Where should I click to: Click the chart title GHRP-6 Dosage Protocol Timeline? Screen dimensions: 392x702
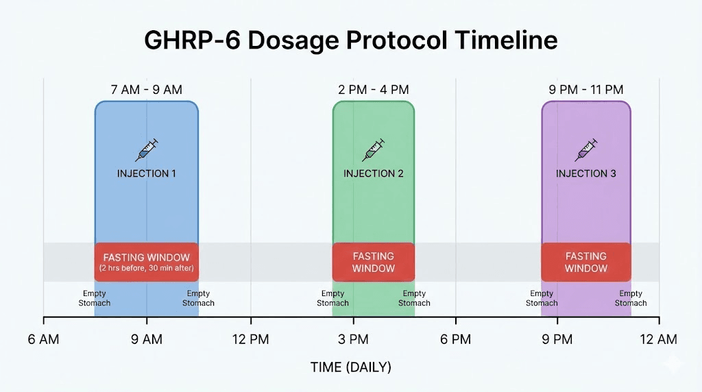click(x=350, y=40)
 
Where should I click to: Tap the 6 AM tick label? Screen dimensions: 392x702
click(x=44, y=339)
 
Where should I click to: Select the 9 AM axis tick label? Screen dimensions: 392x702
click(x=146, y=339)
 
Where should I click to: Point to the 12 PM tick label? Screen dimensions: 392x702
click(x=250, y=339)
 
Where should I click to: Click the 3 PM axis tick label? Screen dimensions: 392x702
click(x=353, y=339)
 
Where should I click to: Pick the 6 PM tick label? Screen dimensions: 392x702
click(x=455, y=339)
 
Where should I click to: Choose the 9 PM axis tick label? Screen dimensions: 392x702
click(x=557, y=339)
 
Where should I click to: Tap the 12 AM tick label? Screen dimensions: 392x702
click(x=659, y=339)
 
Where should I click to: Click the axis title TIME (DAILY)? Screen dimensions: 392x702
click(x=350, y=367)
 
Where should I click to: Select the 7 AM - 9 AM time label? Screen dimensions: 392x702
click(x=146, y=90)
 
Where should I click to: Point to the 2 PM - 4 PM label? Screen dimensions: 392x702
click(x=373, y=90)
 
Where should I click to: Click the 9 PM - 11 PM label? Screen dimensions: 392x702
click(x=585, y=90)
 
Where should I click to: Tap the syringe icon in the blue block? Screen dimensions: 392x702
click(x=147, y=149)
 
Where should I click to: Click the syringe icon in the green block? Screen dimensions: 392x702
click(x=374, y=149)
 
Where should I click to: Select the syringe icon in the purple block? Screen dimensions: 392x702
click(x=586, y=149)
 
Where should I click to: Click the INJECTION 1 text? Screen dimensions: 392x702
click(x=146, y=173)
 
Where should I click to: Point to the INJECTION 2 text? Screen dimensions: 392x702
click(x=373, y=173)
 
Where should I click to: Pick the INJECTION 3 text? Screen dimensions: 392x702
click(x=585, y=173)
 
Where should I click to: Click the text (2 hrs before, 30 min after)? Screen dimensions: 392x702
click(x=146, y=267)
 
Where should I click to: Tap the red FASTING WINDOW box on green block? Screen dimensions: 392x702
click(x=373, y=262)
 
